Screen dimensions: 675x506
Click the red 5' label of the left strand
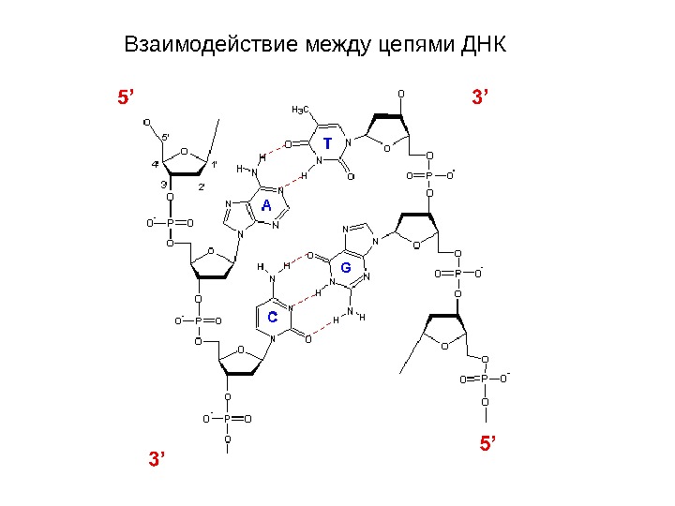click(126, 97)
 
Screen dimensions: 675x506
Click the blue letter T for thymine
click(327, 144)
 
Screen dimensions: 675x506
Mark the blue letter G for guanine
click(345, 268)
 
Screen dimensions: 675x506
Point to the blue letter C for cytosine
click(272, 318)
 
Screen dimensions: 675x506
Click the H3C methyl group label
click(301, 110)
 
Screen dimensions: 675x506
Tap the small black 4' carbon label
click(155, 165)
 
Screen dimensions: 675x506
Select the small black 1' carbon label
click(213, 165)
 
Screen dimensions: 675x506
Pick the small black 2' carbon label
click(202, 187)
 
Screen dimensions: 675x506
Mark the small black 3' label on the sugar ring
click(164, 185)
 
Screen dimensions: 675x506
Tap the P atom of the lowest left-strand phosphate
click(226, 419)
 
